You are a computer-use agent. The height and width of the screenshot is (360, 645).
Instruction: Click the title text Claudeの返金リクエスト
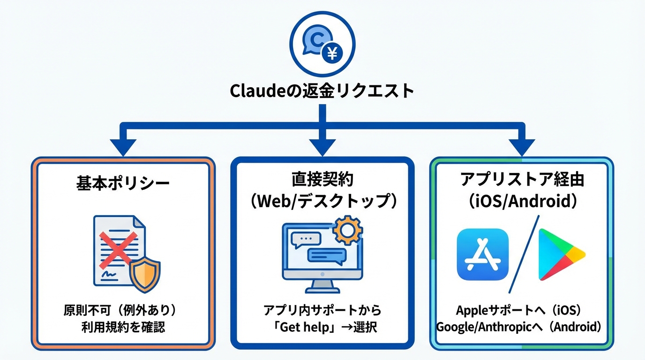pos(322,90)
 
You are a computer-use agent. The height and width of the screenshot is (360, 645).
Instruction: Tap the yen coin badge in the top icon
pos(332,55)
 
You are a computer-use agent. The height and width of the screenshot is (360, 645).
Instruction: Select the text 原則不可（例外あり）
pos(123,311)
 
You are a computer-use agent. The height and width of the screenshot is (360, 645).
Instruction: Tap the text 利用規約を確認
pos(123,327)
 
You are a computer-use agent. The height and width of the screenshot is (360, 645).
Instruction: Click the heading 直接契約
pos(322,179)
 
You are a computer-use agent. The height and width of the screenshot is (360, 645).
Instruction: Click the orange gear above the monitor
pos(347,230)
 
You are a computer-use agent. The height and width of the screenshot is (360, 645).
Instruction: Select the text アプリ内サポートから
pos(322,310)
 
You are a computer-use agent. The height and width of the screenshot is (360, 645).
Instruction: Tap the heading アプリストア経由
pos(522,179)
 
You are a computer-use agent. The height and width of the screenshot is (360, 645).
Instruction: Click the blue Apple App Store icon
pos(482,255)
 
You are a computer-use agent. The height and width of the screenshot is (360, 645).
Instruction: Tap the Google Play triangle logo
pos(560,255)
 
